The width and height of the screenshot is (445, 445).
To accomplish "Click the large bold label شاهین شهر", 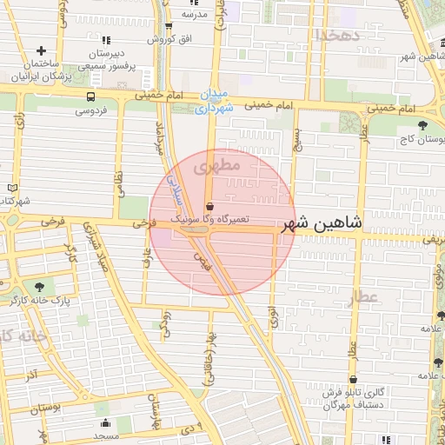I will click(320, 224).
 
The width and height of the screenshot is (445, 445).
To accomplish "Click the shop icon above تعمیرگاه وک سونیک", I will click(209, 206).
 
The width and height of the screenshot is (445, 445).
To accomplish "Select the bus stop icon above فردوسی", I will click(91, 96).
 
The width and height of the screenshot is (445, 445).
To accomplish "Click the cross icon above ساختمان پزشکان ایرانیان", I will click(42, 51).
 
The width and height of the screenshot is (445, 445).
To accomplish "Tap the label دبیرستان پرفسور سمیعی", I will click(106, 58).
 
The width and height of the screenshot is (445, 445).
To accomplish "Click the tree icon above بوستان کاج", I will click(423, 126).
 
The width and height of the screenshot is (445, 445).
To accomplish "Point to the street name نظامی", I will click(120, 181).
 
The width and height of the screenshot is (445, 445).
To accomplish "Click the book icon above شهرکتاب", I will click(11, 188).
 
